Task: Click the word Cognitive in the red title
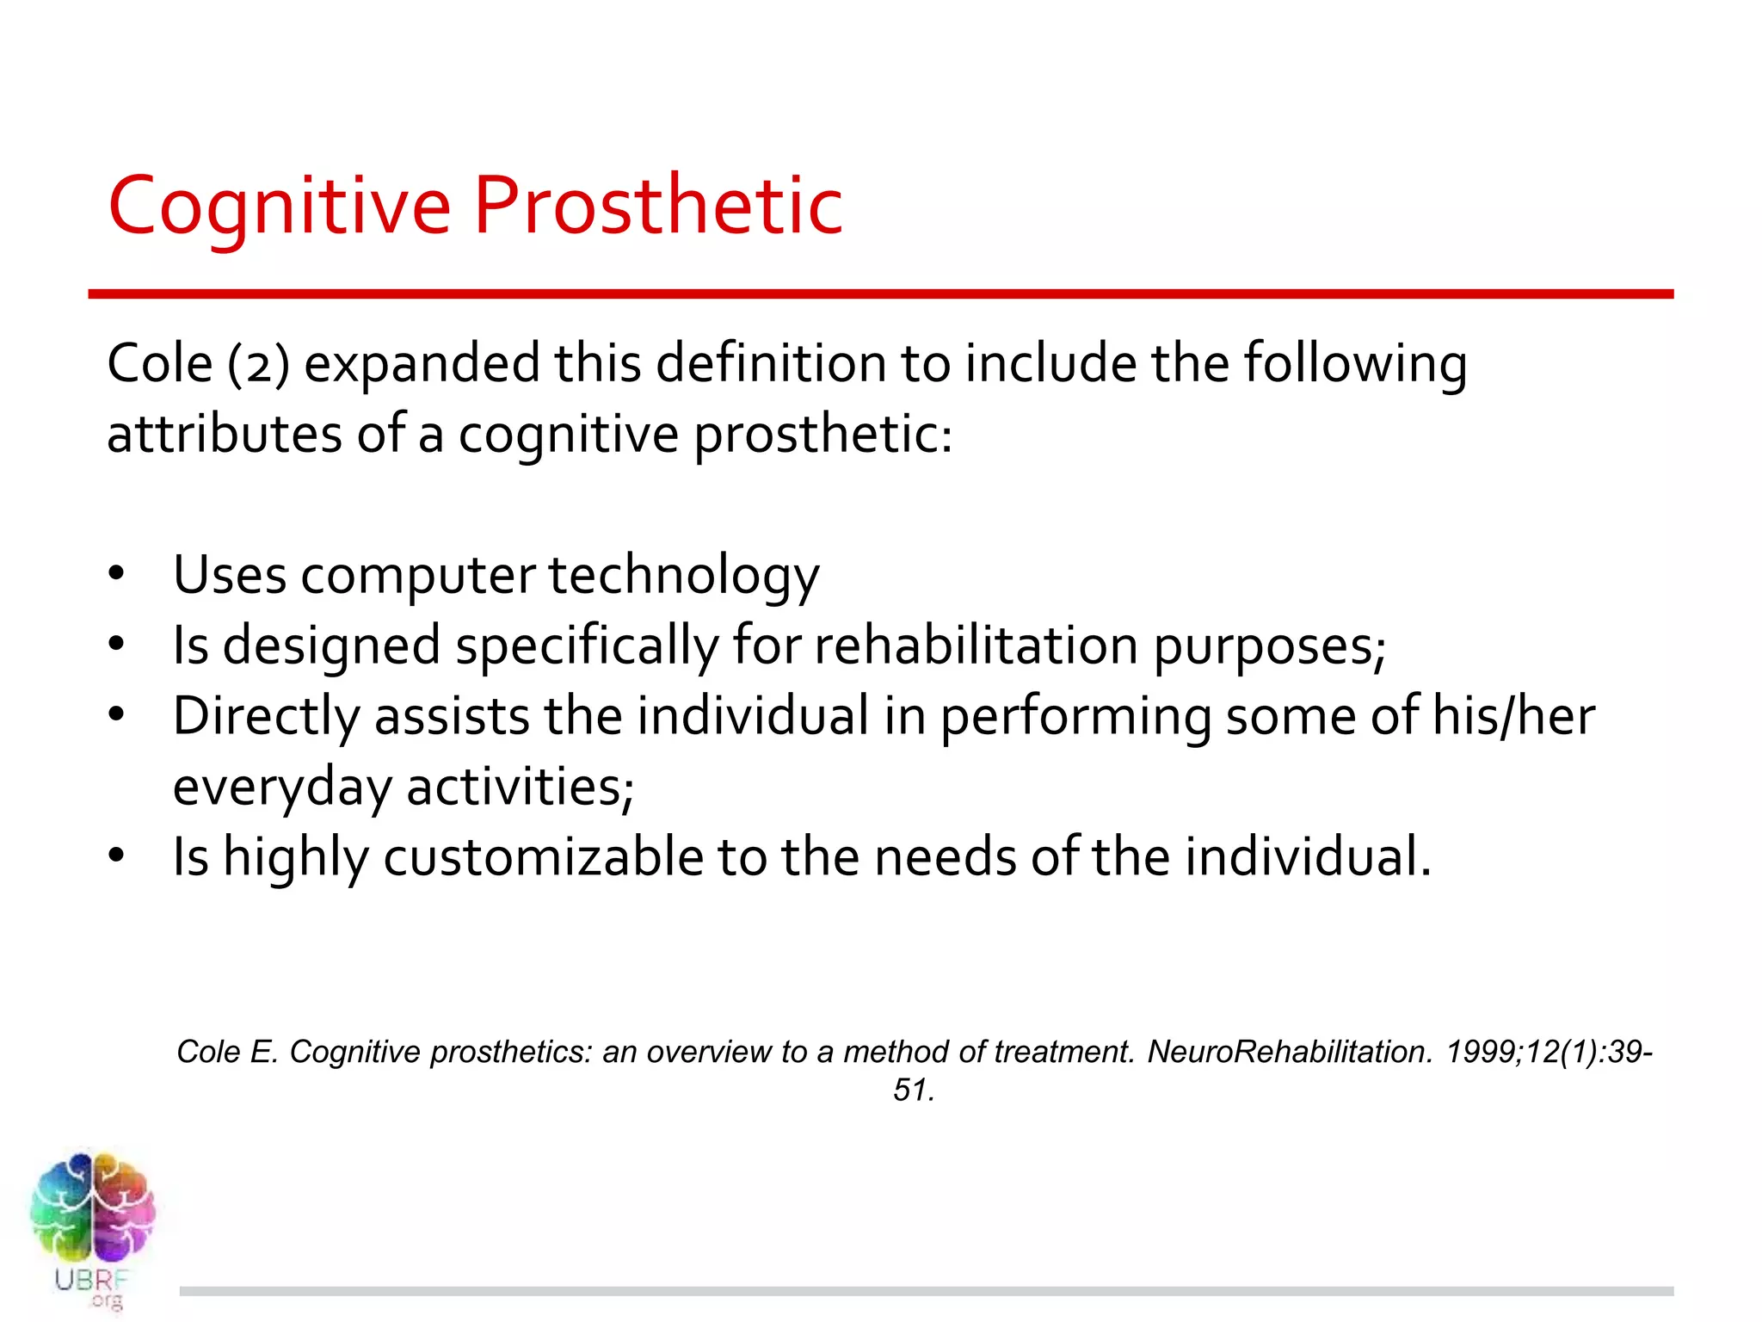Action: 279,207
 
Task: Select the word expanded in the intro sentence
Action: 422,365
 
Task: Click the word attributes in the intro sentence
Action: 223,434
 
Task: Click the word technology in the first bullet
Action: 684,577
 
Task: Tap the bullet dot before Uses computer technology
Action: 117,575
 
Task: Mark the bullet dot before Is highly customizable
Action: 117,856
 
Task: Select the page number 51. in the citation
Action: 914,1090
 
